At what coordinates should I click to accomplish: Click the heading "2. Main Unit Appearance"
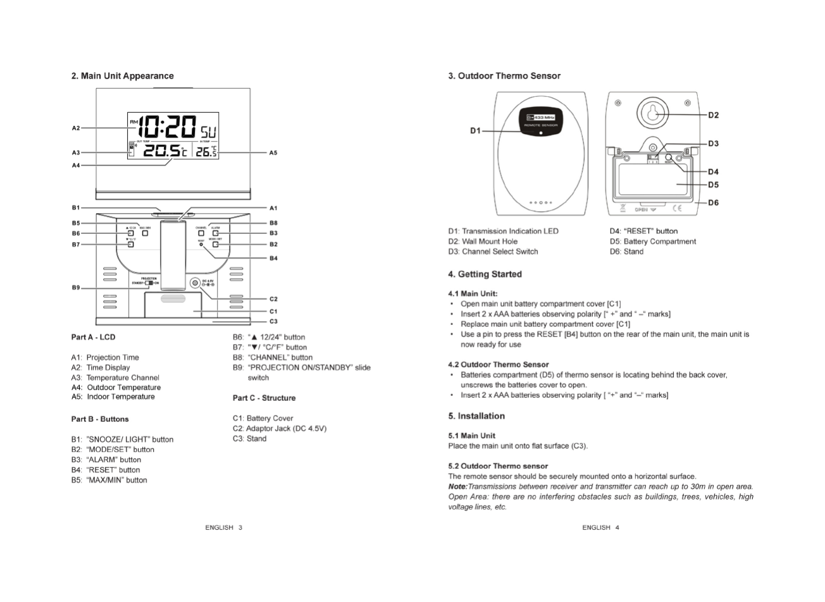point(122,76)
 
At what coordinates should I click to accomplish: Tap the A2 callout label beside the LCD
point(76,128)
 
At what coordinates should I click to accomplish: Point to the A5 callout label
point(273,152)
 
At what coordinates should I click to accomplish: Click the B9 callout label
point(76,288)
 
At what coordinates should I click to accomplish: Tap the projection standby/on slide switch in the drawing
point(150,283)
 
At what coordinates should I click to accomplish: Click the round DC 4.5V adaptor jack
point(195,283)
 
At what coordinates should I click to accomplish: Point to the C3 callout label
point(273,322)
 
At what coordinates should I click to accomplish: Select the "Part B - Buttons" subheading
point(100,419)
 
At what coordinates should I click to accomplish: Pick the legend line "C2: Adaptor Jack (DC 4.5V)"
point(279,429)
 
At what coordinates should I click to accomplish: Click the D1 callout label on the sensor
point(476,131)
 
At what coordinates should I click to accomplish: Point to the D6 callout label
point(713,203)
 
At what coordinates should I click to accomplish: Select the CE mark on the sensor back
point(677,208)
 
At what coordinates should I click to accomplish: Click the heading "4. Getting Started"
point(485,274)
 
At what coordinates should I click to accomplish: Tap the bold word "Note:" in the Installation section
point(457,487)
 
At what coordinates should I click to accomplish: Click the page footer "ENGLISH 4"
point(600,527)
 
